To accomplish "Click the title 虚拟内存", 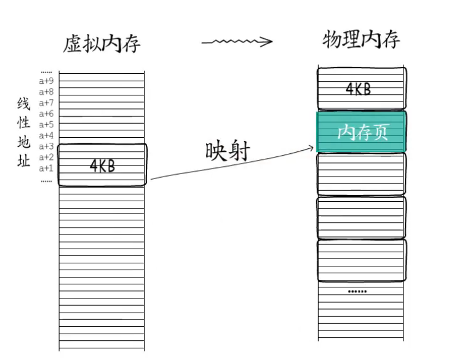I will tap(102, 44).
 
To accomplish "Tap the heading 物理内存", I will tap(361, 40).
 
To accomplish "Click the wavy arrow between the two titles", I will tap(237, 42).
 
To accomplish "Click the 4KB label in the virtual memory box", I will tap(103, 166).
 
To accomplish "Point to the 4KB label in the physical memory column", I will tap(358, 89).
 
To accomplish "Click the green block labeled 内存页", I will tap(362, 132).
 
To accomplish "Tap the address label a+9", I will tap(47, 81).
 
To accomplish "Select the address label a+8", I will tap(47, 92).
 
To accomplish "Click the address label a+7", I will tap(47, 103).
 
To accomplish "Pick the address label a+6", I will tap(47, 114).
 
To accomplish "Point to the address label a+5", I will tap(47, 124).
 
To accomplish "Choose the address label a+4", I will tap(47, 135).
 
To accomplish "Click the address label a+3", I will tap(47, 146).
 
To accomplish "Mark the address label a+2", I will tap(47, 158).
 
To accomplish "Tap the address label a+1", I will tap(47, 168).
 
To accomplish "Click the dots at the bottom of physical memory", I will tap(357, 291).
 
